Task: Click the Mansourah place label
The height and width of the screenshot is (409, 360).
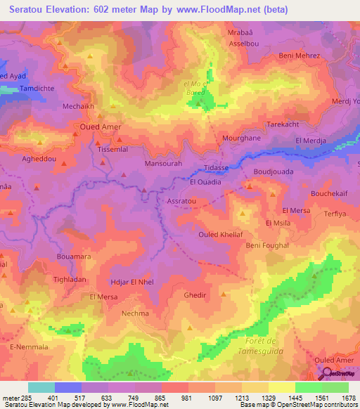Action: [163, 163]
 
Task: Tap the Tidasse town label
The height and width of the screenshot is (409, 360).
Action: [216, 169]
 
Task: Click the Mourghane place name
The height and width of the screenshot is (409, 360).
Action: [222, 139]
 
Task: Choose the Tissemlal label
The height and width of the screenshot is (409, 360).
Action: [114, 150]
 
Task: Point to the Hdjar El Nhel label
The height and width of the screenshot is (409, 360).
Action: [132, 282]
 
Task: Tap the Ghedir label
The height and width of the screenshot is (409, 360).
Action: [195, 295]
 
